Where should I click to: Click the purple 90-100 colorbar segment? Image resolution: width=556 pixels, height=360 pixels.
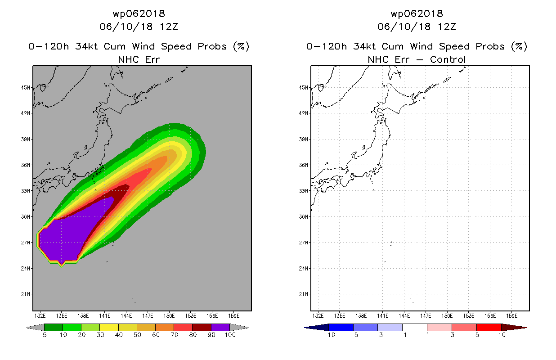[220, 327]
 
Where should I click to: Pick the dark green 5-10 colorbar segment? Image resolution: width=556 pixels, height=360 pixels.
[54, 327]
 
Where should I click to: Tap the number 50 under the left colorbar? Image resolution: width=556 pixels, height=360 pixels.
[137, 335]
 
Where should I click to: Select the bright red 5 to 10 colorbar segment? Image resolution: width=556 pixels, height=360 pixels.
[489, 327]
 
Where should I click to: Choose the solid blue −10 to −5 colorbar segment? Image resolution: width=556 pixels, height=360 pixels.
[341, 327]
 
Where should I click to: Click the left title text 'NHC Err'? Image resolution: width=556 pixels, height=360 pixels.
[139, 59]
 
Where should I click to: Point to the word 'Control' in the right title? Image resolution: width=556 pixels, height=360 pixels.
[448, 59]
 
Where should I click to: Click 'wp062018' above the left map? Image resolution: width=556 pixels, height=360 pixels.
[139, 13]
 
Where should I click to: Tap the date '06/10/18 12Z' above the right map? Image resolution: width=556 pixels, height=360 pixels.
[417, 27]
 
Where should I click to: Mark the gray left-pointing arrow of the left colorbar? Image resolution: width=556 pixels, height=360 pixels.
[35, 327]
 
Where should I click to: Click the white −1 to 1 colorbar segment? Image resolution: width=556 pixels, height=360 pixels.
[415, 327]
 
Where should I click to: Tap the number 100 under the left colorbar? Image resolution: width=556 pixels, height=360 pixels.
[229, 335]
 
